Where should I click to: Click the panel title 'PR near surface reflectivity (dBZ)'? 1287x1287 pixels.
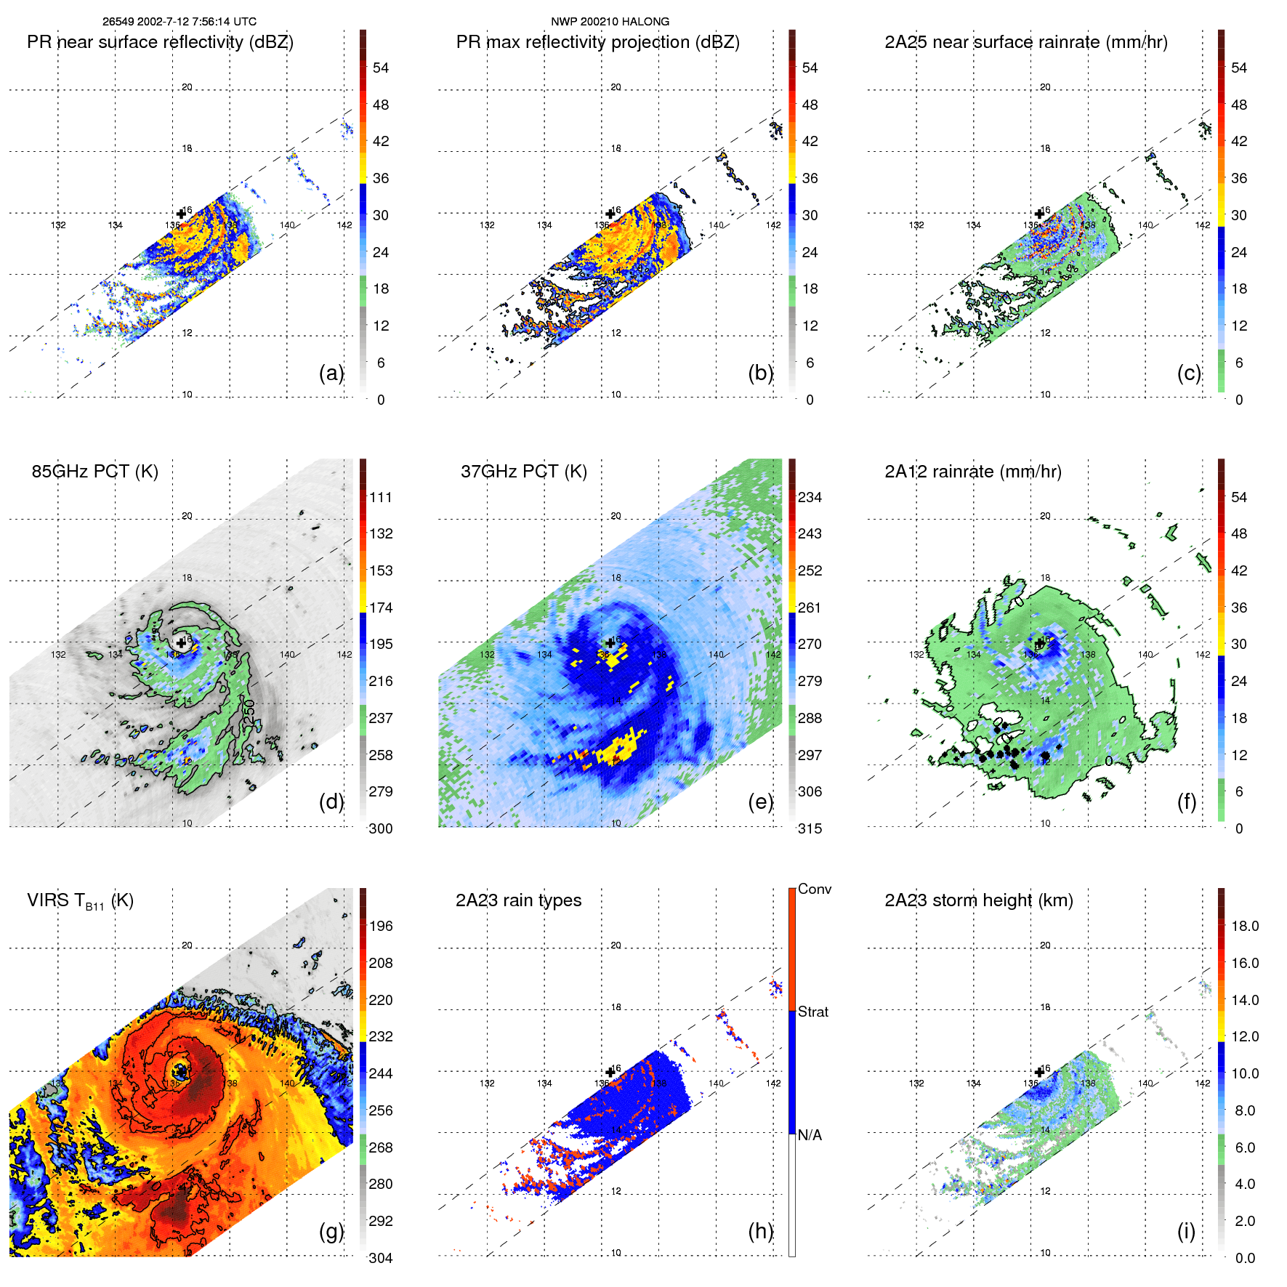[160, 42]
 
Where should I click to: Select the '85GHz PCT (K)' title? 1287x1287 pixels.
[94, 472]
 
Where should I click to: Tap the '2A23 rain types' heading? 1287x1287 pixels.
[518, 900]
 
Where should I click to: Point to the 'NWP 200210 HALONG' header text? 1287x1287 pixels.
[610, 22]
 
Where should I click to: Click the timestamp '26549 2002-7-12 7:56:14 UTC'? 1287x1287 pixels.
[179, 22]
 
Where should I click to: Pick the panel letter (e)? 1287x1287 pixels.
[760, 802]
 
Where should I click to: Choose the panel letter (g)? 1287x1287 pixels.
[331, 1231]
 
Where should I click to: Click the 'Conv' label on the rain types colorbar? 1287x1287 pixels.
[814, 889]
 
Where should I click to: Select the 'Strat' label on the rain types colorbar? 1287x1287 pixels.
[812, 1012]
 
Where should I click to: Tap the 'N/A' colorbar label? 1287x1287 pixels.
[810, 1135]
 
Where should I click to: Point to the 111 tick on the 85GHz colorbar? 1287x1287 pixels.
[380, 498]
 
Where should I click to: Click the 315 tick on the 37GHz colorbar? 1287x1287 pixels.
[810, 828]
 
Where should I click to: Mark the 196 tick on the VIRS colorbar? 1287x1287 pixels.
[380, 927]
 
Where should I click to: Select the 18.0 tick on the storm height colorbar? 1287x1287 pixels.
[1244, 927]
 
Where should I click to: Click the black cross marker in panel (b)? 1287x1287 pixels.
[610, 214]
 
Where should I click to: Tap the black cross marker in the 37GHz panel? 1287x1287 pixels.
[610, 642]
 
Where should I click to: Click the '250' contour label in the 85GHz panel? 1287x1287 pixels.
[249, 711]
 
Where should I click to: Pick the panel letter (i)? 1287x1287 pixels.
[1186, 1231]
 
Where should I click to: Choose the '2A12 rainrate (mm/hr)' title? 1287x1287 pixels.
[972, 472]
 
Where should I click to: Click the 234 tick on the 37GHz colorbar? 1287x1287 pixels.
[810, 498]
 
